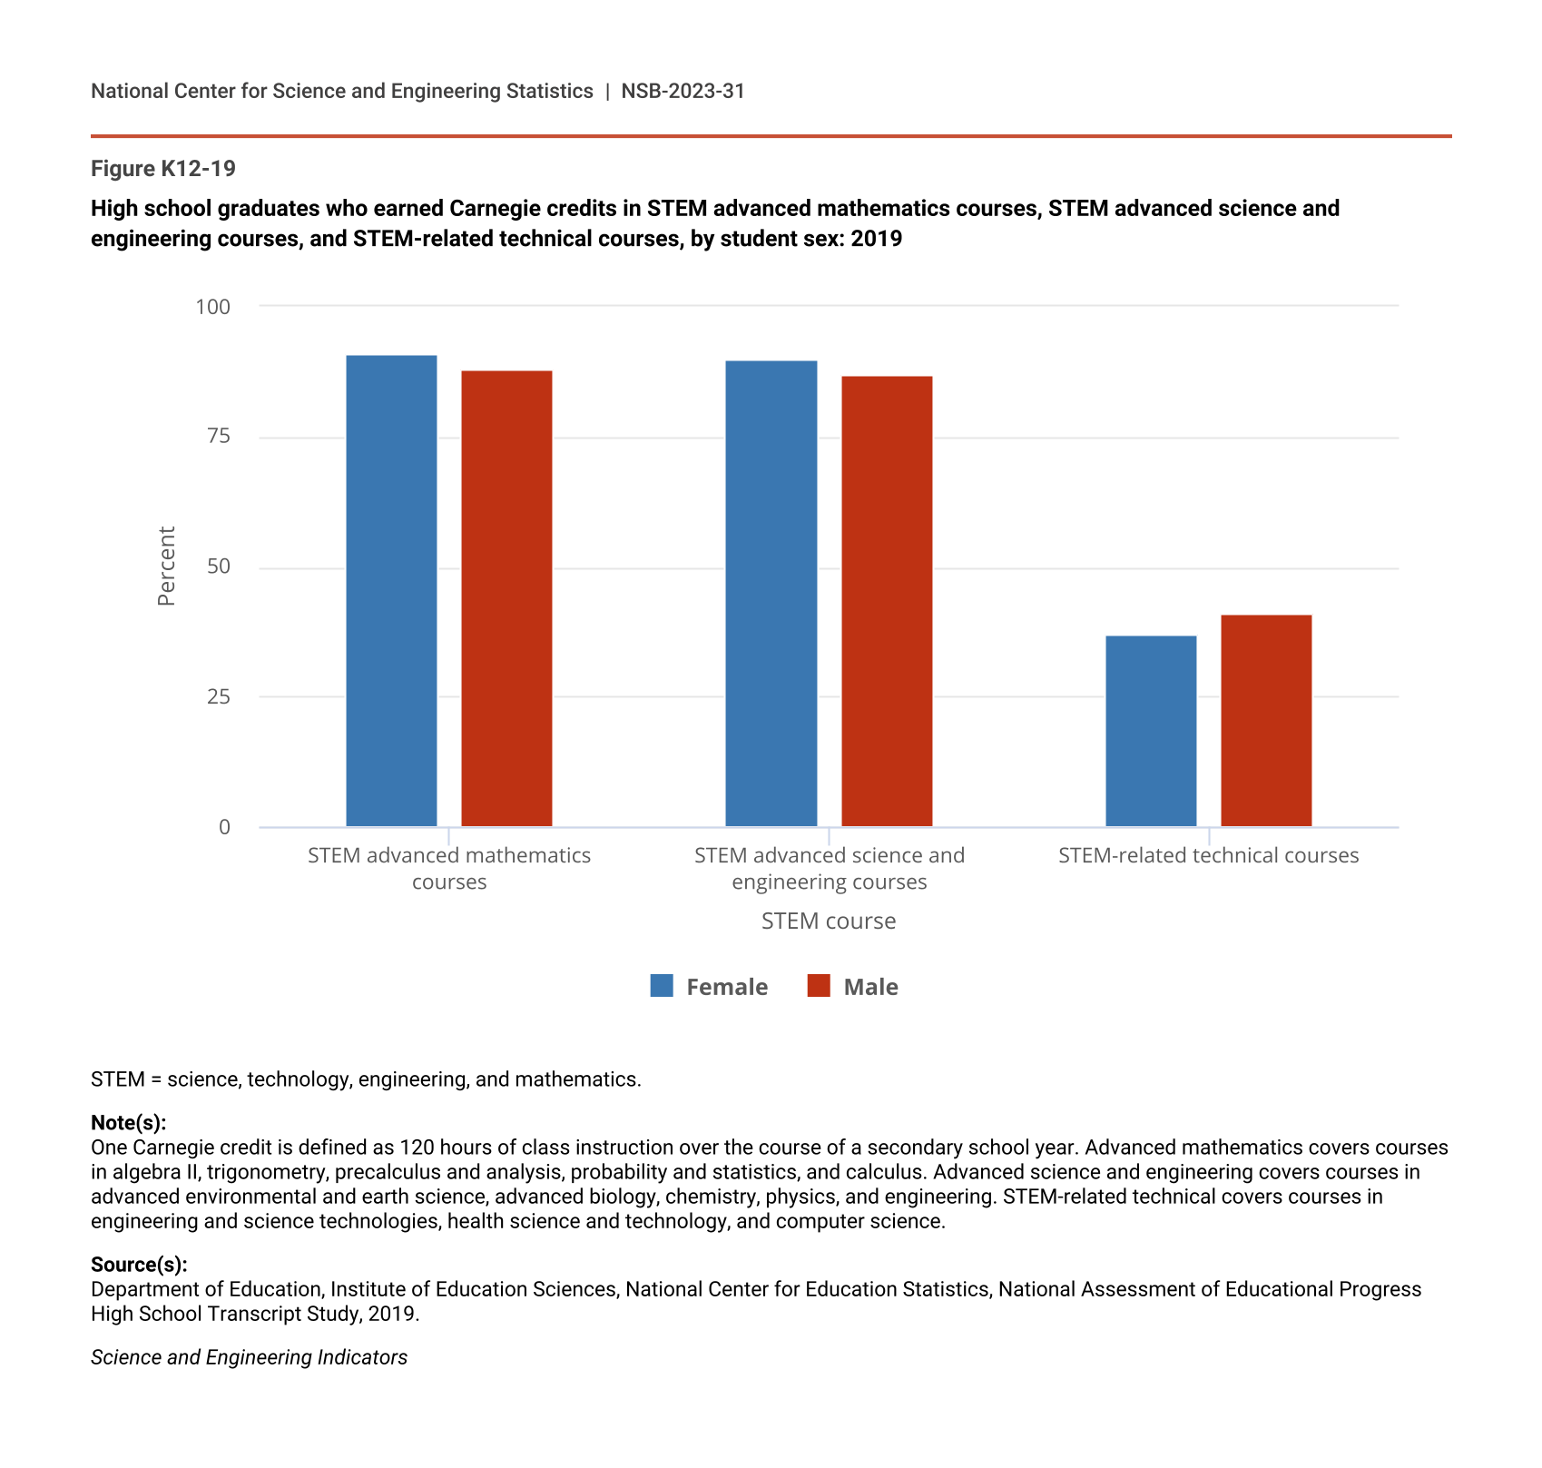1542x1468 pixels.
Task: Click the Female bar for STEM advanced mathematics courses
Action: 391,590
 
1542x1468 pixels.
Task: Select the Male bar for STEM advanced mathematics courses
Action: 506,598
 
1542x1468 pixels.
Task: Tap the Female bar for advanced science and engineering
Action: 771,594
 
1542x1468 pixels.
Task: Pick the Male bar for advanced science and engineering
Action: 887,601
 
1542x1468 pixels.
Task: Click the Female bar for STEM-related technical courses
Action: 1151,731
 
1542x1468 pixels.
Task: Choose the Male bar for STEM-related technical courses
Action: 1266,721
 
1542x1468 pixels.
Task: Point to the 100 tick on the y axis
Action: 213,307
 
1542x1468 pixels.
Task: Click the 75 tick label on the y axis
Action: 219,437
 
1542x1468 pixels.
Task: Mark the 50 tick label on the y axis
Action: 219,567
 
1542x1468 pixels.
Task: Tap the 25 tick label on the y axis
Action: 219,697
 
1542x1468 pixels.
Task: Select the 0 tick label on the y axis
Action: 224,827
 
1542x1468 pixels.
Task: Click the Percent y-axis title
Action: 166,567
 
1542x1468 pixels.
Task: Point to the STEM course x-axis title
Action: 829,921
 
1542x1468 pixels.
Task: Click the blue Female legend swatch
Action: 662,986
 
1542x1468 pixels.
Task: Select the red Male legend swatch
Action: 819,986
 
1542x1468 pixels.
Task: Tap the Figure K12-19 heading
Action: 163,169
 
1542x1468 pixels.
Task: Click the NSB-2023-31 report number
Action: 683,91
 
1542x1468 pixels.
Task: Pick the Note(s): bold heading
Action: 129,1123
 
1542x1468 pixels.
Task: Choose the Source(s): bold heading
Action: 139,1265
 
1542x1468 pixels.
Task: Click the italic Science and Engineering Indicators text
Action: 249,1357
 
